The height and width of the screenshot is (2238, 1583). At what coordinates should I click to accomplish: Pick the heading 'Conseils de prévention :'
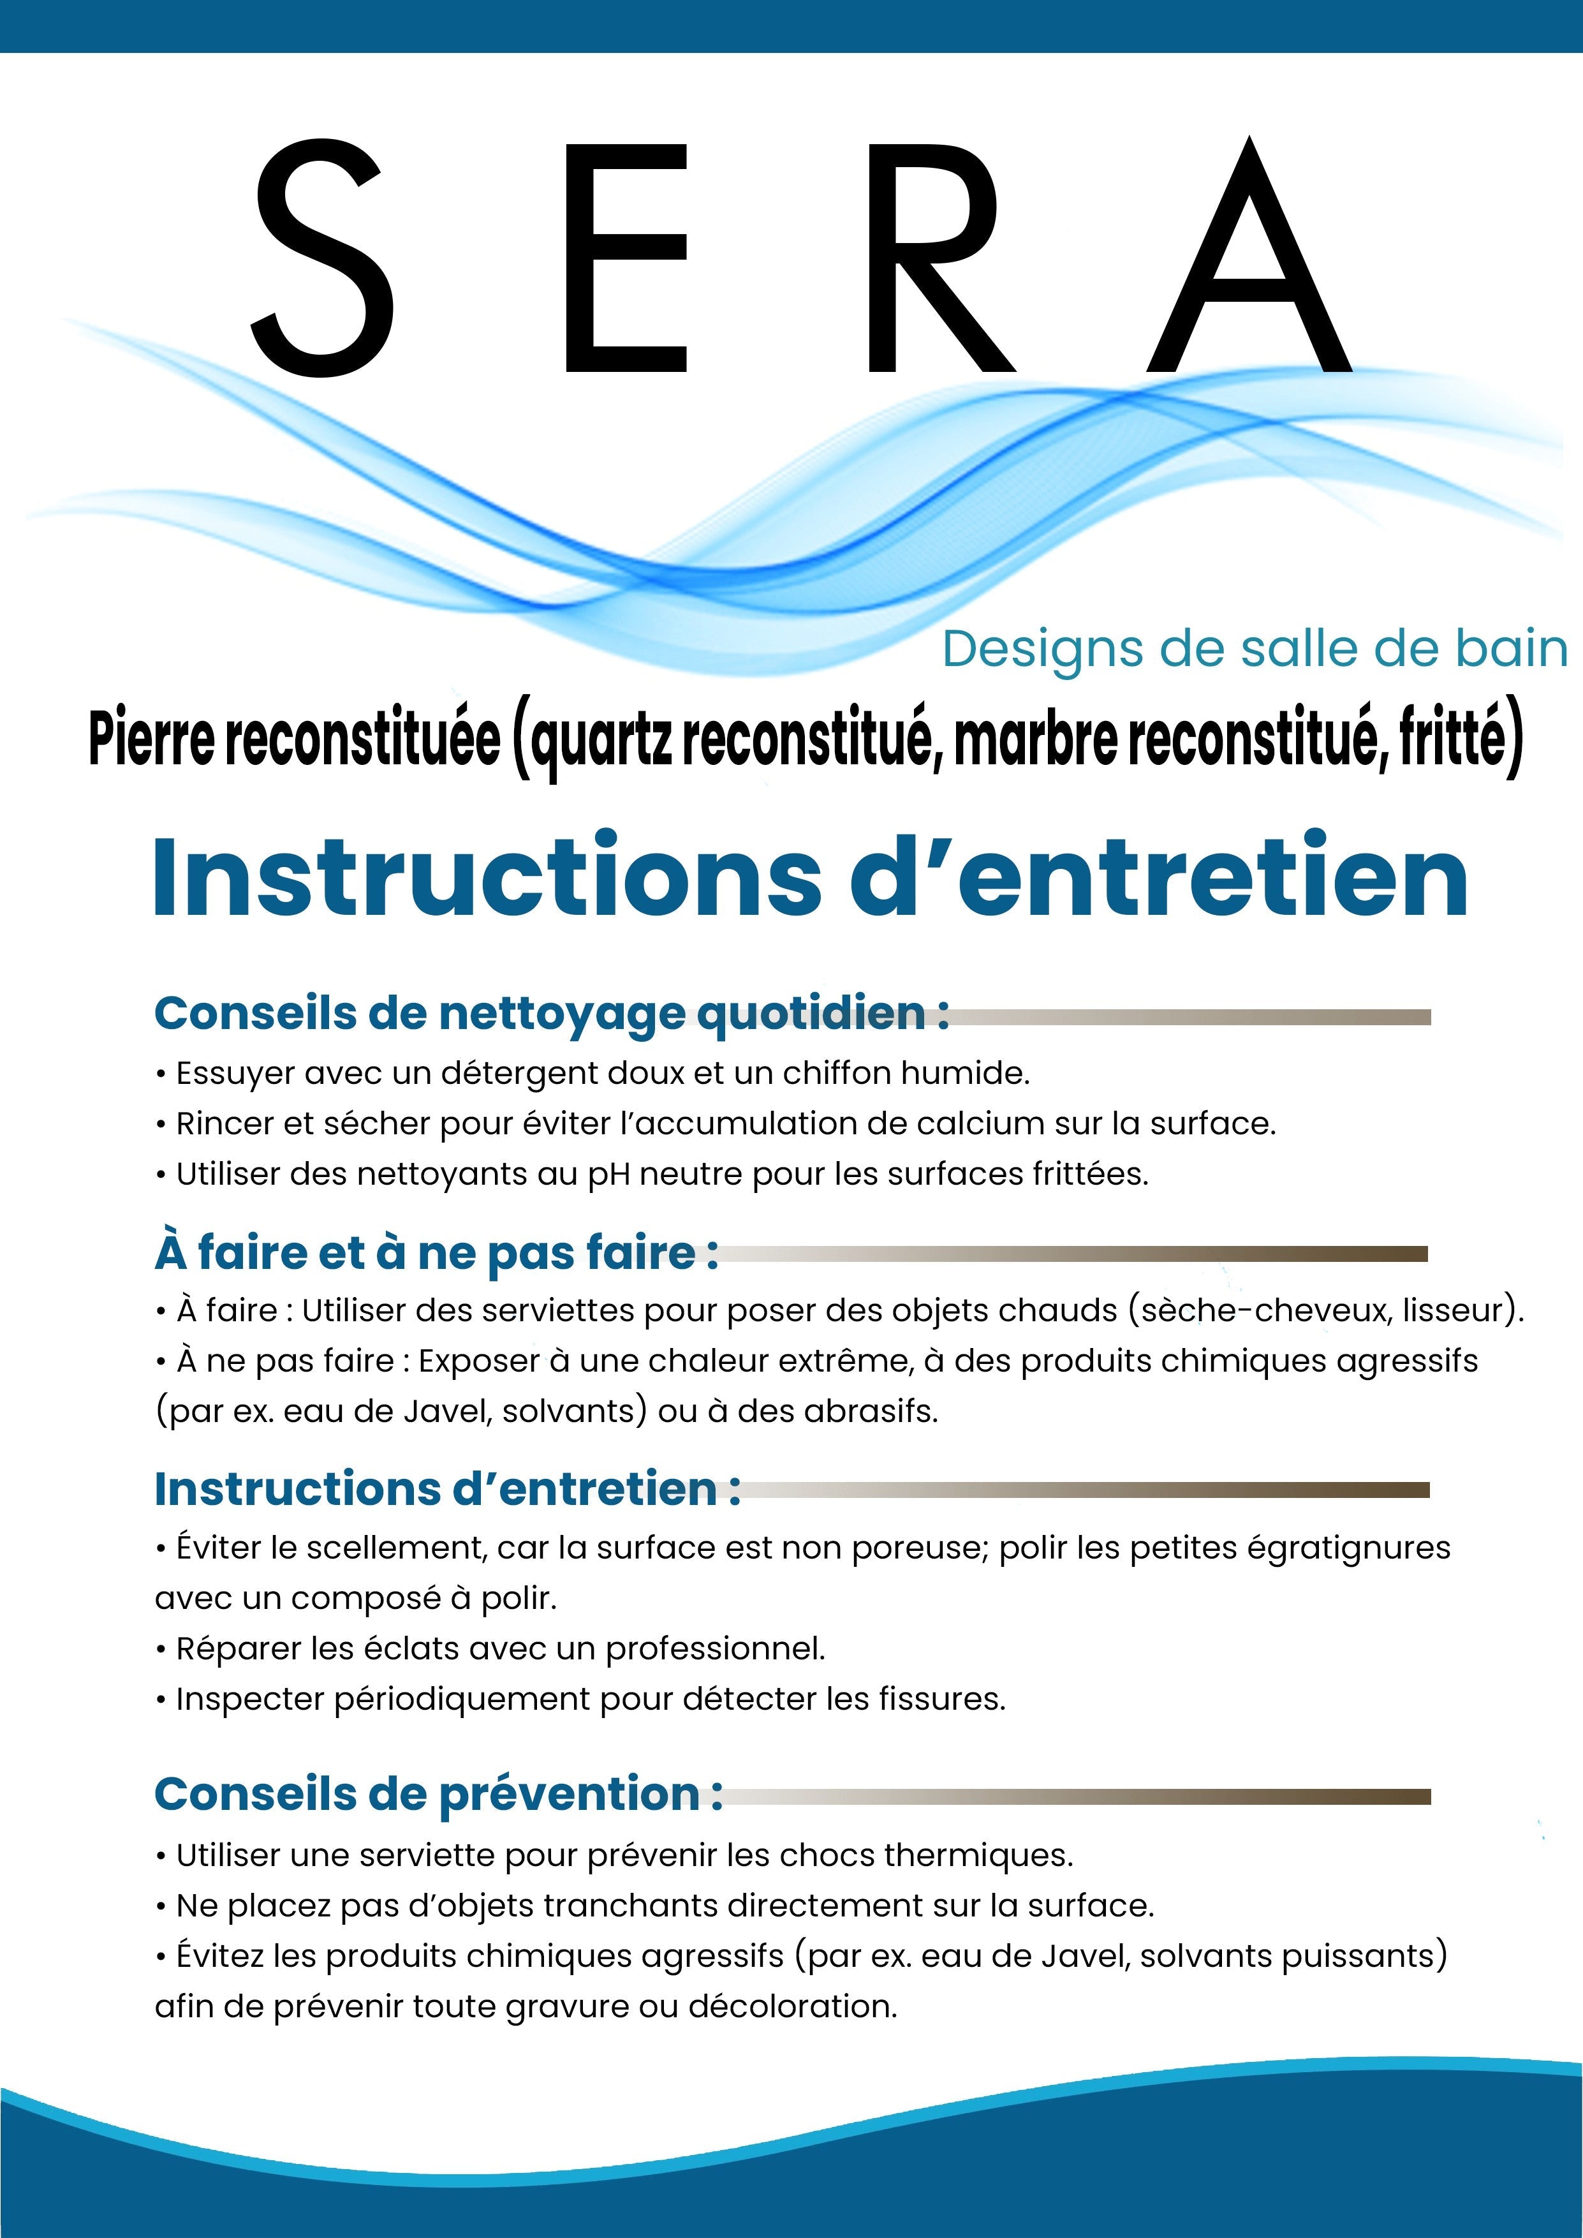439,1793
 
